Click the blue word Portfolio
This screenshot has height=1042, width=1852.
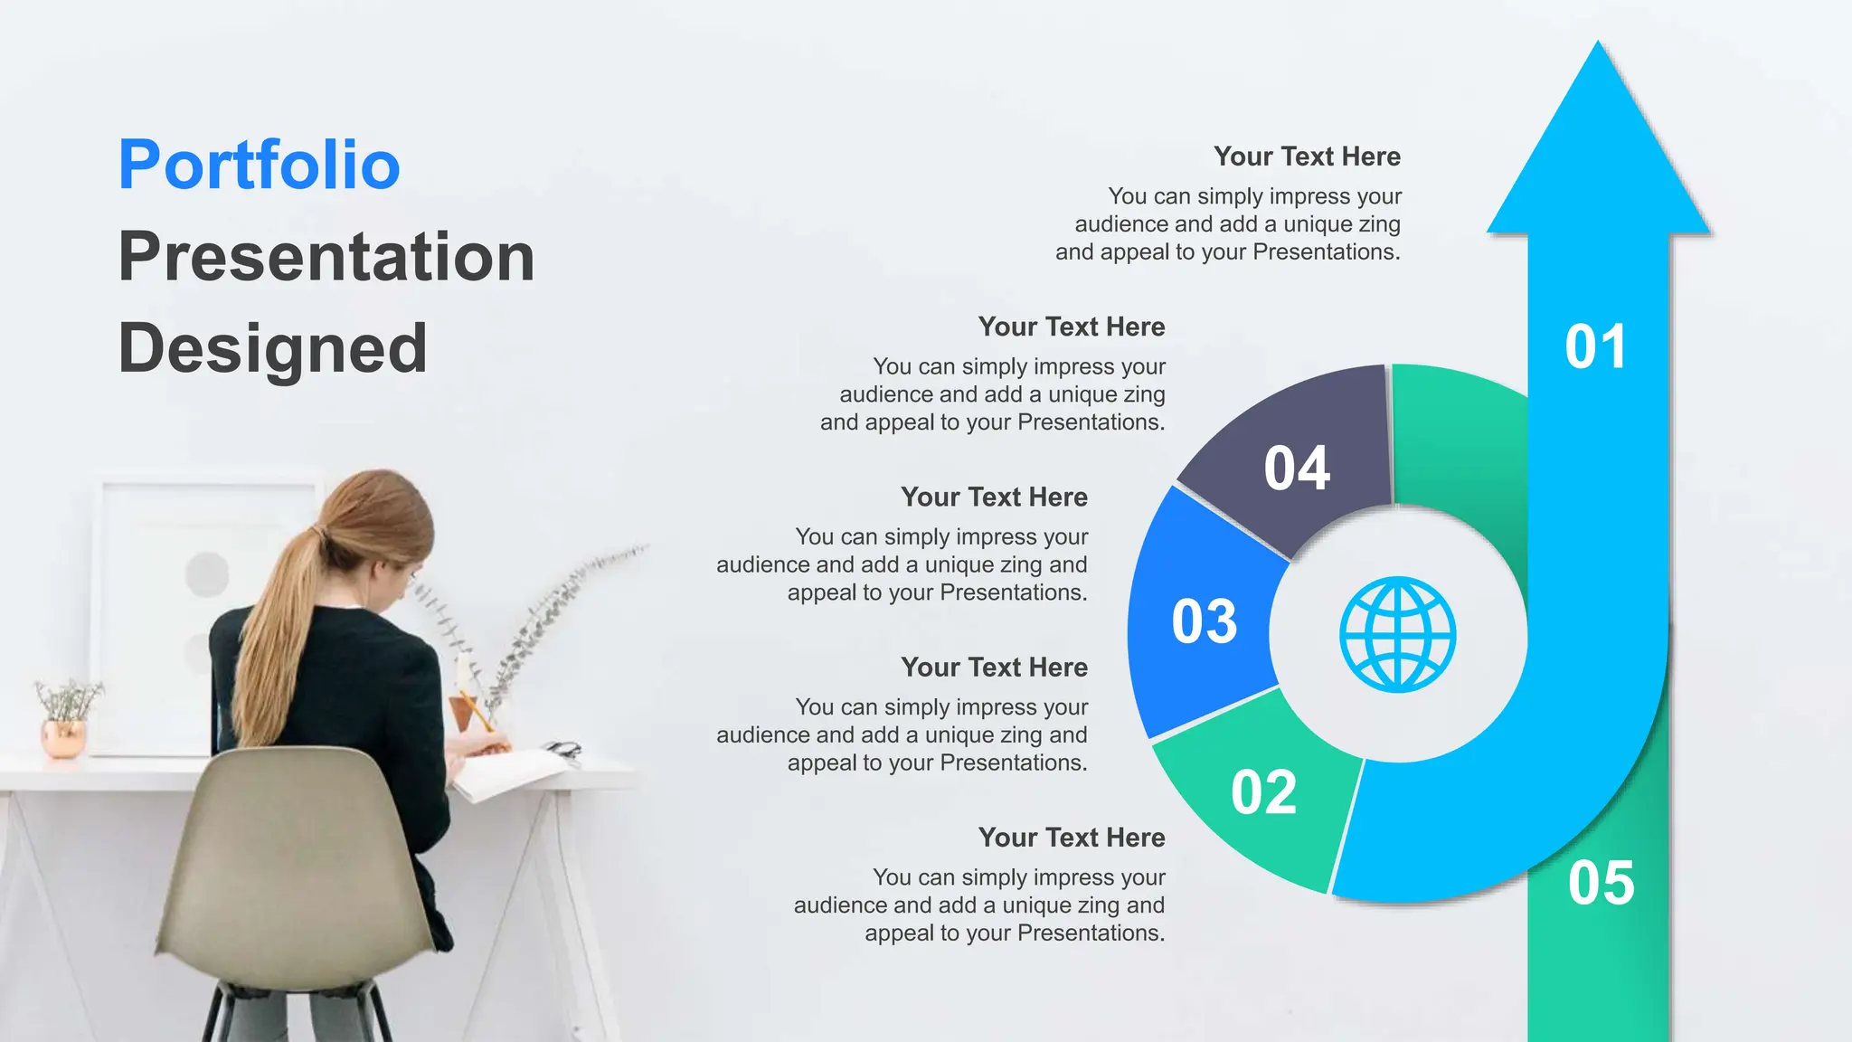tap(260, 165)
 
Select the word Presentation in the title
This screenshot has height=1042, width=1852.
tap(326, 257)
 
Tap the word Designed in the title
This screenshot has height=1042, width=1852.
tap(272, 349)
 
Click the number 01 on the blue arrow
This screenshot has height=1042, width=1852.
tap(1596, 346)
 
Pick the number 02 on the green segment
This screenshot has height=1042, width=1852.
tap(1263, 792)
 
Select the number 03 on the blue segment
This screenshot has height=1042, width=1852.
tap(1205, 621)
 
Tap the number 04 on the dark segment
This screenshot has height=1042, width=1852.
tap(1297, 469)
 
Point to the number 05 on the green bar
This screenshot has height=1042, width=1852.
tap(1602, 883)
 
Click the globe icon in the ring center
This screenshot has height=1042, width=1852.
tap(1397, 635)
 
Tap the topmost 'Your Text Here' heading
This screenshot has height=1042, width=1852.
tap(1307, 156)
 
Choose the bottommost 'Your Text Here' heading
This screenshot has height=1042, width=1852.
tap(1072, 838)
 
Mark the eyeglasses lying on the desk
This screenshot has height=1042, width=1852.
tap(563, 750)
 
